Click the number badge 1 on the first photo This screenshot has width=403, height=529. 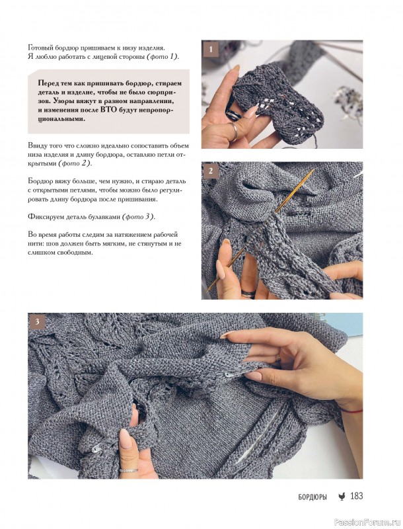[211, 50]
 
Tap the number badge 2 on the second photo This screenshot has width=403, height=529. [211, 171]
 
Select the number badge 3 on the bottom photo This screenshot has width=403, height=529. [37, 321]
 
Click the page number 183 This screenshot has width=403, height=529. [357, 496]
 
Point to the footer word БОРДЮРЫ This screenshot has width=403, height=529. [312, 497]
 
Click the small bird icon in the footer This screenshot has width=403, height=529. [342, 497]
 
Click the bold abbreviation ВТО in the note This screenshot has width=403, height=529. [109, 110]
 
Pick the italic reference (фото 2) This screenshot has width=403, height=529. [75, 163]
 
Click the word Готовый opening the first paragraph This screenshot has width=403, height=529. [39, 48]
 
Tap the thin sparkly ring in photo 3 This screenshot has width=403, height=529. [128, 469]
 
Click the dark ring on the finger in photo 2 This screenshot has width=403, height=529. [248, 294]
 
